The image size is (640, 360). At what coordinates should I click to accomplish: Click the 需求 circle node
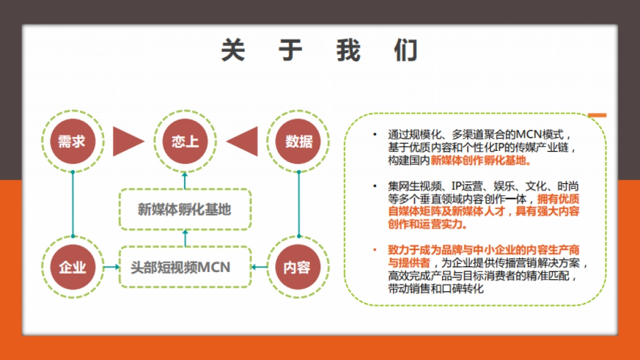pyautogui.click(x=71, y=141)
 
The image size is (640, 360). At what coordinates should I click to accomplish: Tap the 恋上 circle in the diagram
pyautogui.click(x=185, y=141)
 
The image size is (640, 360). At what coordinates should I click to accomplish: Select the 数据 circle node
pyautogui.click(x=298, y=141)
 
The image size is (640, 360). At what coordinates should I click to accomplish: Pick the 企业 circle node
pyautogui.click(x=71, y=267)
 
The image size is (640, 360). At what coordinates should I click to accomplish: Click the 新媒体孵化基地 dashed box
pyautogui.click(x=185, y=209)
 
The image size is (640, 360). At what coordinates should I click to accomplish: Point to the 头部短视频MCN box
pyautogui.click(x=185, y=267)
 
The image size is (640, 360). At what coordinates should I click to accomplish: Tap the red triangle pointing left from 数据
pyautogui.click(x=243, y=141)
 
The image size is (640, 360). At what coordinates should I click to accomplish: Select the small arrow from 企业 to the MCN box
pyautogui.click(x=111, y=267)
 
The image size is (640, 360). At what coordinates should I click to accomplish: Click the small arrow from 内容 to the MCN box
pyautogui.click(x=259, y=267)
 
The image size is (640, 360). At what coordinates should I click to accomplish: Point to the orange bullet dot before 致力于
pyautogui.click(x=375, y=250)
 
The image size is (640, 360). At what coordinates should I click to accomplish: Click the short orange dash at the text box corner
pyautogui.click(x=597, y=115)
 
